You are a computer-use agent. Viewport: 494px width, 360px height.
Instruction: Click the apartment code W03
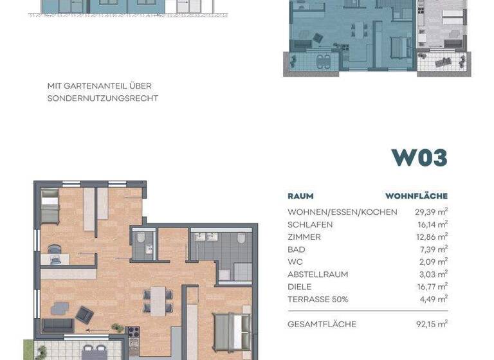[419, 157]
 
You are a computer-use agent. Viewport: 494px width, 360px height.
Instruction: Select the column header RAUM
[300, 196]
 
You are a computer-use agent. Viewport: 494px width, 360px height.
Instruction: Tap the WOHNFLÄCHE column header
[416, 196]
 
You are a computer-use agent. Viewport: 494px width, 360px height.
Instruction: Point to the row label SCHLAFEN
[310, 224]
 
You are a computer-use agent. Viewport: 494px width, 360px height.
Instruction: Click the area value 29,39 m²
[432, 212]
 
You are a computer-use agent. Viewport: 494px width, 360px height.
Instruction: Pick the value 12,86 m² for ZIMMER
[432, 237]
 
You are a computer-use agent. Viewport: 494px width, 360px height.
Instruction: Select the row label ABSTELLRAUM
[318, 274]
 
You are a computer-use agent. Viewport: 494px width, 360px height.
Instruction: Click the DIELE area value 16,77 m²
[432, 287]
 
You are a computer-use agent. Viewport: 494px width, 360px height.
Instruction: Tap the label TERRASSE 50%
[318, 299]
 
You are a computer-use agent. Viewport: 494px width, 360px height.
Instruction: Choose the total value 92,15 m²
[432, 324]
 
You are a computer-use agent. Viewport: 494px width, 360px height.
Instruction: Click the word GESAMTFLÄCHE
[322, 324]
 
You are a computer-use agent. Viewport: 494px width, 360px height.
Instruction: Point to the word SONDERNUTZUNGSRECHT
[102, 98]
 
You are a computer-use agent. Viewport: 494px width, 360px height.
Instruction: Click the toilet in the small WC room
[141, 238]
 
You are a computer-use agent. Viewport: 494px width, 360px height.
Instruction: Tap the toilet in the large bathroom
[241, 239]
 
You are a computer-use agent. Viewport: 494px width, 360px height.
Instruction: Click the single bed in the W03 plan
[50, 206]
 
